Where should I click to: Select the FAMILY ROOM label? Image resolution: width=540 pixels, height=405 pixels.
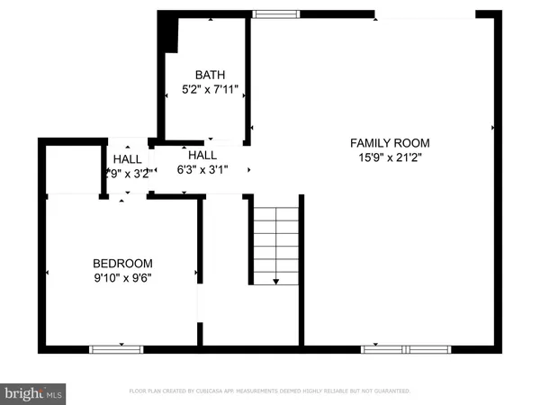point(390,143)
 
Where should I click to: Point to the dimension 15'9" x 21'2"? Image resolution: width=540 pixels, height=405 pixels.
point(390,158)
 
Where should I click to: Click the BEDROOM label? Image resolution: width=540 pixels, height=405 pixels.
point(122,263)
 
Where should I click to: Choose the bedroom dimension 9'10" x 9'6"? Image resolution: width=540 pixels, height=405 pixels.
point(122,278)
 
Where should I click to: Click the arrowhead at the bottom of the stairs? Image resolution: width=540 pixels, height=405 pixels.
point(275,281)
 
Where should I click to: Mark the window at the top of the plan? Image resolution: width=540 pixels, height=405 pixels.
point(266,13)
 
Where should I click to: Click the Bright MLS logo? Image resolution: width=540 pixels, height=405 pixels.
point(34,392)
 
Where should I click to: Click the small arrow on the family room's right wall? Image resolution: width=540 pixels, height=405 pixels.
point(491,129)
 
